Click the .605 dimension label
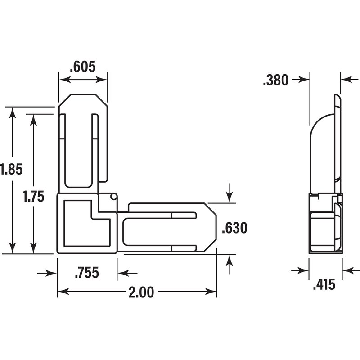click(x=83, y=67)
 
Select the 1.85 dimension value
click(x=11, y=169)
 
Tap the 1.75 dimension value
click(x=33, y=197)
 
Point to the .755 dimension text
click(x=87, y=273)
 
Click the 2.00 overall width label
click(x=141, y=292)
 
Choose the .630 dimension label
click(x=234, y=228)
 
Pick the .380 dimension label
click(x=275, y=80)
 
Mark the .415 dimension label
click(x=324, y=284)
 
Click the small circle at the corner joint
click(x=113, y=197)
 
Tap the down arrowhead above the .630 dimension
click(x=229, y=198)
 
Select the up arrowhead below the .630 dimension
click(x=229, y=260)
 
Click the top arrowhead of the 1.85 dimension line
click(x=13, y=113)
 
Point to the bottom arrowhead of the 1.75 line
click(x=33, y=248)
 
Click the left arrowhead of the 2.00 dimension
click(x=63, y=292)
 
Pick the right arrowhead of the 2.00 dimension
click(x=211, y=292)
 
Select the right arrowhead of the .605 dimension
click(x=101, y=80)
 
